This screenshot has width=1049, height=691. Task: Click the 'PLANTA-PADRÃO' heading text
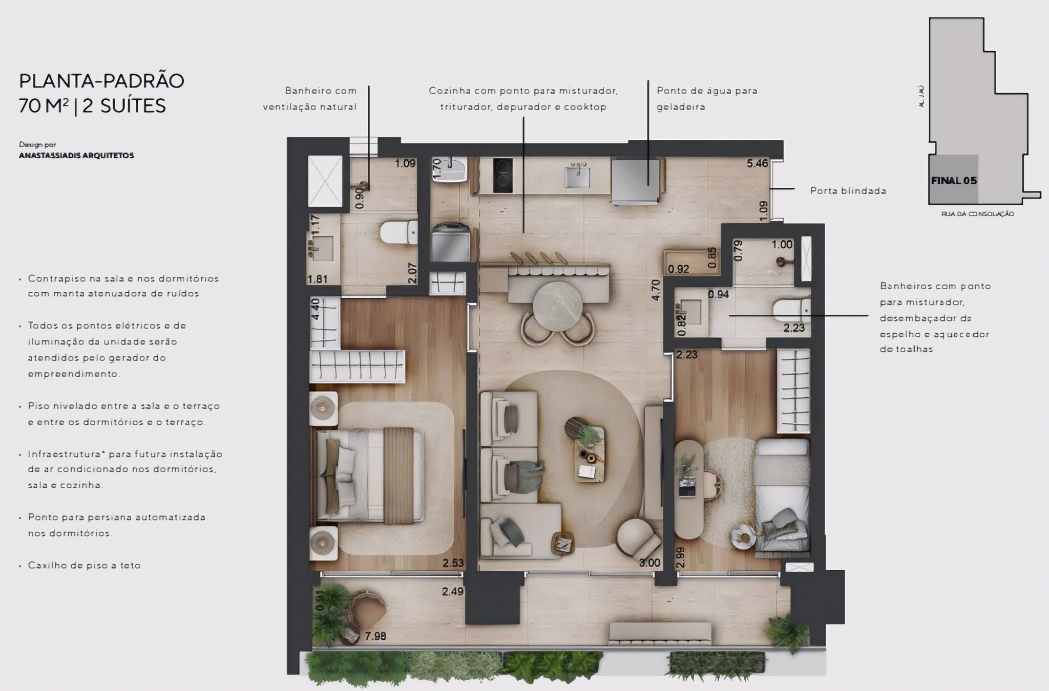click(101, 81)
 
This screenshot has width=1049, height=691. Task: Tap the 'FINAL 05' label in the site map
click(954, 181)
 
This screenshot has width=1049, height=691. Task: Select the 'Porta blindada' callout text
click(848, 191)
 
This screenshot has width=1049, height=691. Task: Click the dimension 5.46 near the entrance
click(757, 164)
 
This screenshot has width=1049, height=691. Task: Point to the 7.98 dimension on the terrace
click(375, 636)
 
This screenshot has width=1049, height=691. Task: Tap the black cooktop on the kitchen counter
click(502, 176)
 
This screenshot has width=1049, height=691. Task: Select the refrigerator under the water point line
click(635, 182)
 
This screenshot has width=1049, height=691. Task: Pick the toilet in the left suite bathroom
click(398, 232)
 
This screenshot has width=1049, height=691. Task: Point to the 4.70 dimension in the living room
click(655, 290)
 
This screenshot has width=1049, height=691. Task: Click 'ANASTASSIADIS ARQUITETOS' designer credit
click(76, 156)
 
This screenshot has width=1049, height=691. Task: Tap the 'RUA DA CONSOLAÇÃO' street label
click(977, 214)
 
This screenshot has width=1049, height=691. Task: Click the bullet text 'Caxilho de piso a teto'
click(84, 566)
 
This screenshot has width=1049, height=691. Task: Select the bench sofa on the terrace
click(660, 633)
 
